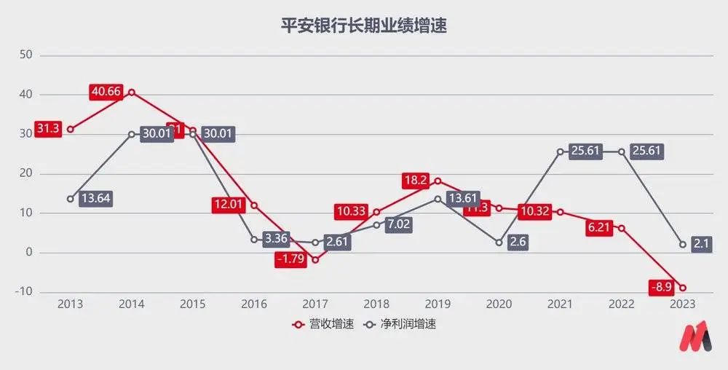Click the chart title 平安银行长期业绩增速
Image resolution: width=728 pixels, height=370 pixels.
click(x=363, y=27)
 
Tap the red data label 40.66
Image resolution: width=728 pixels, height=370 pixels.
click(x=107, y=92)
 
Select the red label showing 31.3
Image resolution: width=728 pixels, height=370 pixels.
click(x=48, y=129)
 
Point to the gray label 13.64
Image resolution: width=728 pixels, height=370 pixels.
click(x=95, y=199)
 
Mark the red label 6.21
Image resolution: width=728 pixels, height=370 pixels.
click(x=599, y=228)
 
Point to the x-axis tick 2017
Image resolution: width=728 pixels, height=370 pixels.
click(x=315, y=304)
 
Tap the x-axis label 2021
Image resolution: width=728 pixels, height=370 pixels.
click(x=560, y=304)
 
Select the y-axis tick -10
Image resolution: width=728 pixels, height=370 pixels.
click(x=25, y=292)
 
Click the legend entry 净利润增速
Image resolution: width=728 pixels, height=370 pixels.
click(x=402, y=324)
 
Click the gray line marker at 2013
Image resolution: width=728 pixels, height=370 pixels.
click(x=71, y=199)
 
